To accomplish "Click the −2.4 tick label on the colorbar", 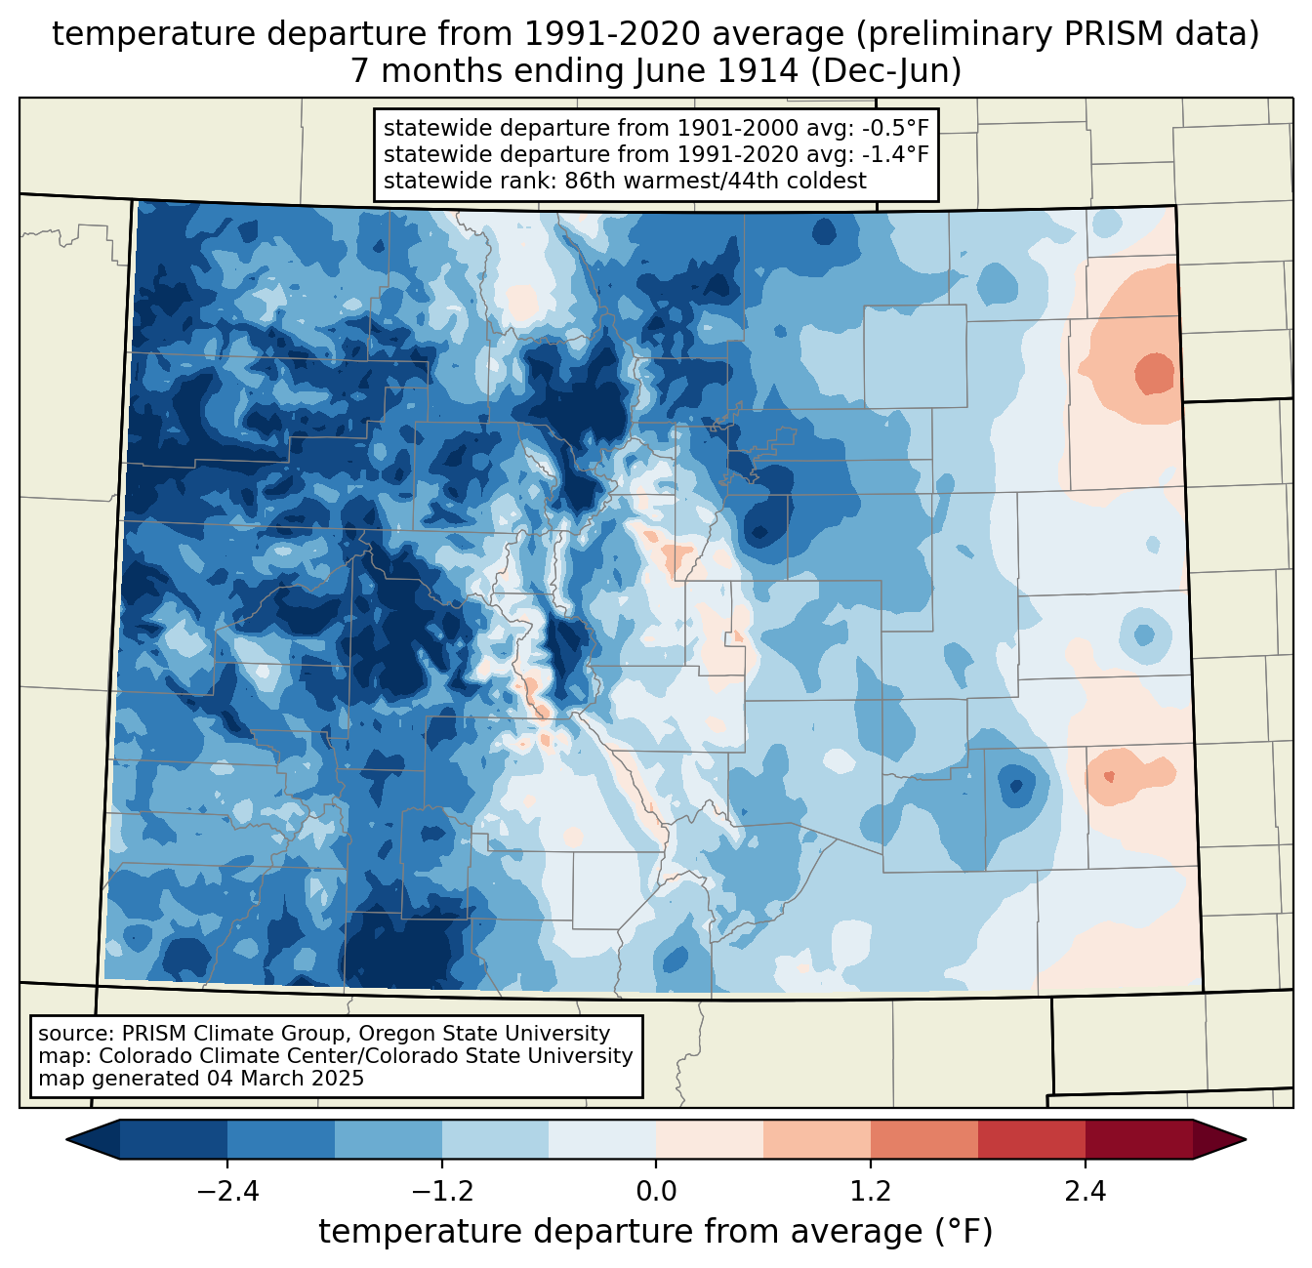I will (x=226, y=1192).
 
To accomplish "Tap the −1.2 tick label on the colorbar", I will (x=441, y=1192).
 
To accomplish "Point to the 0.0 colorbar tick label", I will (x=656, y=1192).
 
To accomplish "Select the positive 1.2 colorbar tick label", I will (x=871, y=1192).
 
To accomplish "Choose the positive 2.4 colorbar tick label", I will (x=1085, y=1192).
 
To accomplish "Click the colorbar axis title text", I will (x=656, y=1232).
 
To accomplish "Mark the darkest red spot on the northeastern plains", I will (x=1155, y=373).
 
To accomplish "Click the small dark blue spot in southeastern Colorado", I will (x=1015, y=784).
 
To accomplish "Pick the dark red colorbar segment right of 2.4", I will (x=1138, y=1139).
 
